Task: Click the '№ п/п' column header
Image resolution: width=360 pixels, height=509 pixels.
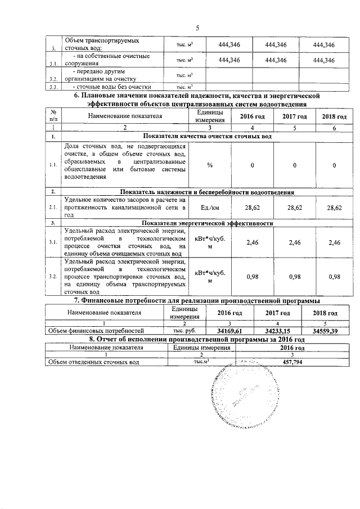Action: pyautogui.click(x=53, y=116)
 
